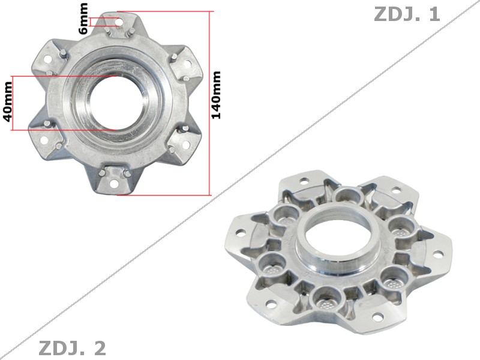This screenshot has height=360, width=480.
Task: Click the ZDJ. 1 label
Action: [407, 14]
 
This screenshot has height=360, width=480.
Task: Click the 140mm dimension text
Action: [217, 95]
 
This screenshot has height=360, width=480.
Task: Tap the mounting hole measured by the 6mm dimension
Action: [118, 22]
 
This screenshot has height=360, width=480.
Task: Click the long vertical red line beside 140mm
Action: [210, 103]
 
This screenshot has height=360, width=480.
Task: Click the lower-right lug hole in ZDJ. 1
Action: [185, 145]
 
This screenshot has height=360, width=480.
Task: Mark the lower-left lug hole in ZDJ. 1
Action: [46, 140]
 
